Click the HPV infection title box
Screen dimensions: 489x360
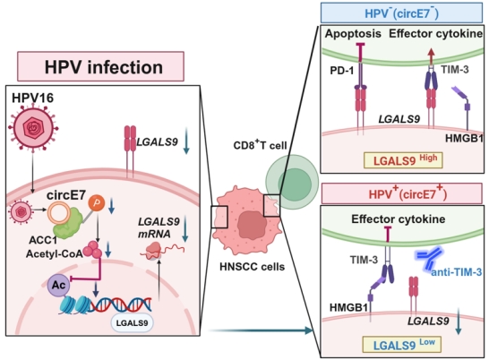(100, 66)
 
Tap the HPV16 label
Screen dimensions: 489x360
(33, 98)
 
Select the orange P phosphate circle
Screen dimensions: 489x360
(97, 203)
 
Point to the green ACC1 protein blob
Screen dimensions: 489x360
(68, 224)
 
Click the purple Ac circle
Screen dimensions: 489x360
(58, 285)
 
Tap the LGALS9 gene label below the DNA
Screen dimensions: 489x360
(132, 323)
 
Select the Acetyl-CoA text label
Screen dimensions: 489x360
(55, 253)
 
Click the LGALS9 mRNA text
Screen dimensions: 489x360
(159, 227)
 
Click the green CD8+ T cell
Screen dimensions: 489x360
(292, 182)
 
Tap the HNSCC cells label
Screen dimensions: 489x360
(252, 267)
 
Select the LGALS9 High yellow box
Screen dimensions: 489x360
(403, 160)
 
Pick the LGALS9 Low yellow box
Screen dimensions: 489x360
(401, 345)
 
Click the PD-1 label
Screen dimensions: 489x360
(342, 71)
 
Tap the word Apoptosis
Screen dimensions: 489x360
(353, 34)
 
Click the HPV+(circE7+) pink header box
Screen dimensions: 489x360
(401, 193)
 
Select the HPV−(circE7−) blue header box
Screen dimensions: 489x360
(401, 13)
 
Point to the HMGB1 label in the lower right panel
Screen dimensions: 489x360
(348, 308)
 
